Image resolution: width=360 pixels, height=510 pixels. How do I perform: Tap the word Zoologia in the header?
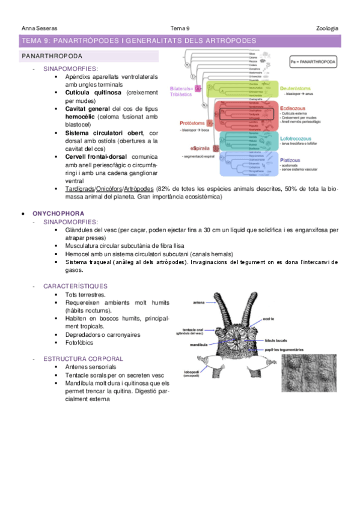pyautogui.click(x=327, y=28)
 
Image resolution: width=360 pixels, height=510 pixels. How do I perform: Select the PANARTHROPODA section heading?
pyautogui.click(x=53, y=56)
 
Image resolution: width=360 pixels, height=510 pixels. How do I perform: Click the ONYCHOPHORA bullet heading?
pyautogui.click(x=59, y=214)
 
